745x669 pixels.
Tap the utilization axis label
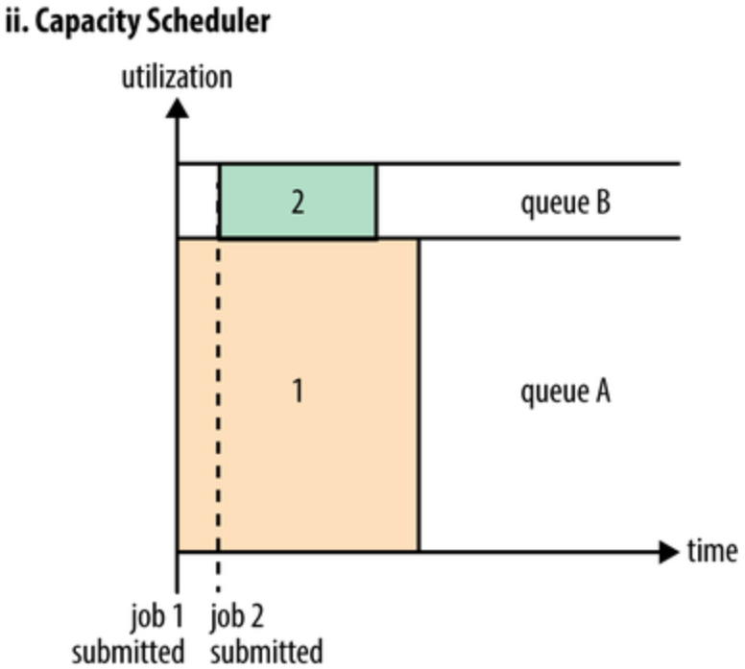click(177, 76)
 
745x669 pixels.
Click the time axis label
click(711, 551)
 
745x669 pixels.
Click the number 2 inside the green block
click(298, 203)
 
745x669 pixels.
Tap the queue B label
click(565, 203)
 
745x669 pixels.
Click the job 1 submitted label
click(131, 634)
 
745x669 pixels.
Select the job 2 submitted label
click(266, 634)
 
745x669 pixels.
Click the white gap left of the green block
click(198, 202)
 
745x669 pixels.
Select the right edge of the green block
click(376, 202)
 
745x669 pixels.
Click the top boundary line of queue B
click(528, 164)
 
